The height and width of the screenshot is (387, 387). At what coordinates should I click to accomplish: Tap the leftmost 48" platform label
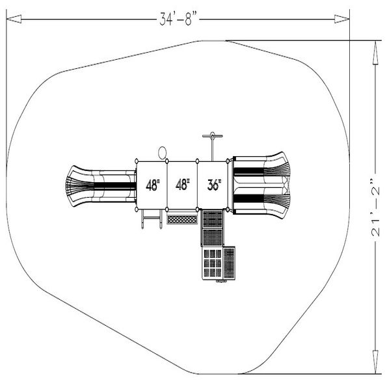[x=153, y=185]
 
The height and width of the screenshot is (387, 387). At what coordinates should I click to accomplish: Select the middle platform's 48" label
[x=183, y=185]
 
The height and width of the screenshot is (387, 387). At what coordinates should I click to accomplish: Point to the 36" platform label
[x=214, y=185]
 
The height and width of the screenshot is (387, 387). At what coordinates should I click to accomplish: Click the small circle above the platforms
[x=162, y=153]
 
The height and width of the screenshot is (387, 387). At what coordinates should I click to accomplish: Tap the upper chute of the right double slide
[x=260, y=170]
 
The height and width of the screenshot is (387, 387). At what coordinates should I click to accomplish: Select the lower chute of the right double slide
[x=260, y=199]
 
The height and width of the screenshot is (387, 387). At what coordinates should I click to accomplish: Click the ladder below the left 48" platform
[x=150, y=220]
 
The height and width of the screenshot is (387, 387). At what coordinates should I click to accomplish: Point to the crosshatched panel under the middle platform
[x=182, y=219]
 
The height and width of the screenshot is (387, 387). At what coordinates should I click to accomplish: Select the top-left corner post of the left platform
[x=137, y=161]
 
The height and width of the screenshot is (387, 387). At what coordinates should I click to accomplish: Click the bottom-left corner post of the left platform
[x=137, y=209]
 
